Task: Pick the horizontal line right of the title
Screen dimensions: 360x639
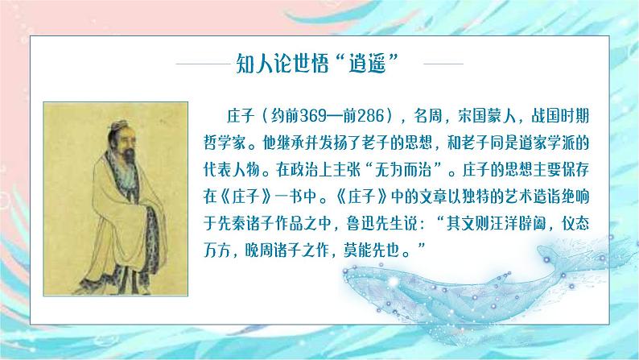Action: (439, 64)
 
